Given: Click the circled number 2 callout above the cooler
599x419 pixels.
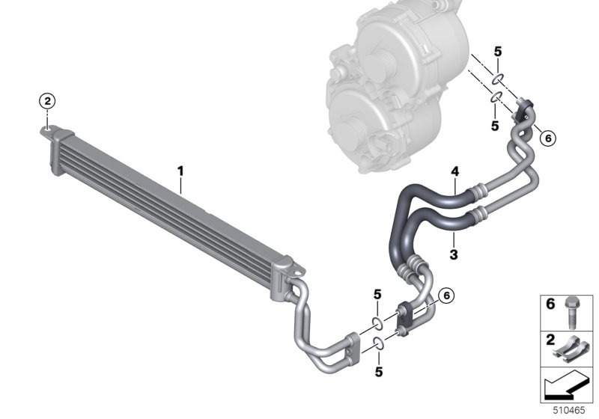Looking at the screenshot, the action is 47,101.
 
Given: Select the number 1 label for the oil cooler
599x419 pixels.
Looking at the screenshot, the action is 180,171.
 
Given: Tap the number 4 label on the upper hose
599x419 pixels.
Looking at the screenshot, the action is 454,172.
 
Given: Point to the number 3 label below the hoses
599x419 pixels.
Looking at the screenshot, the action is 454,254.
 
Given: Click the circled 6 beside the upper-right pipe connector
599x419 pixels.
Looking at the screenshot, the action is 548,138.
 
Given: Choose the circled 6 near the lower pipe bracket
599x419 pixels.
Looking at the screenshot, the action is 446,295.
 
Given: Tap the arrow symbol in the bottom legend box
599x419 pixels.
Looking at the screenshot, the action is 565,386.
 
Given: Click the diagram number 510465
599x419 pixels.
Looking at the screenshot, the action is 569,411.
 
